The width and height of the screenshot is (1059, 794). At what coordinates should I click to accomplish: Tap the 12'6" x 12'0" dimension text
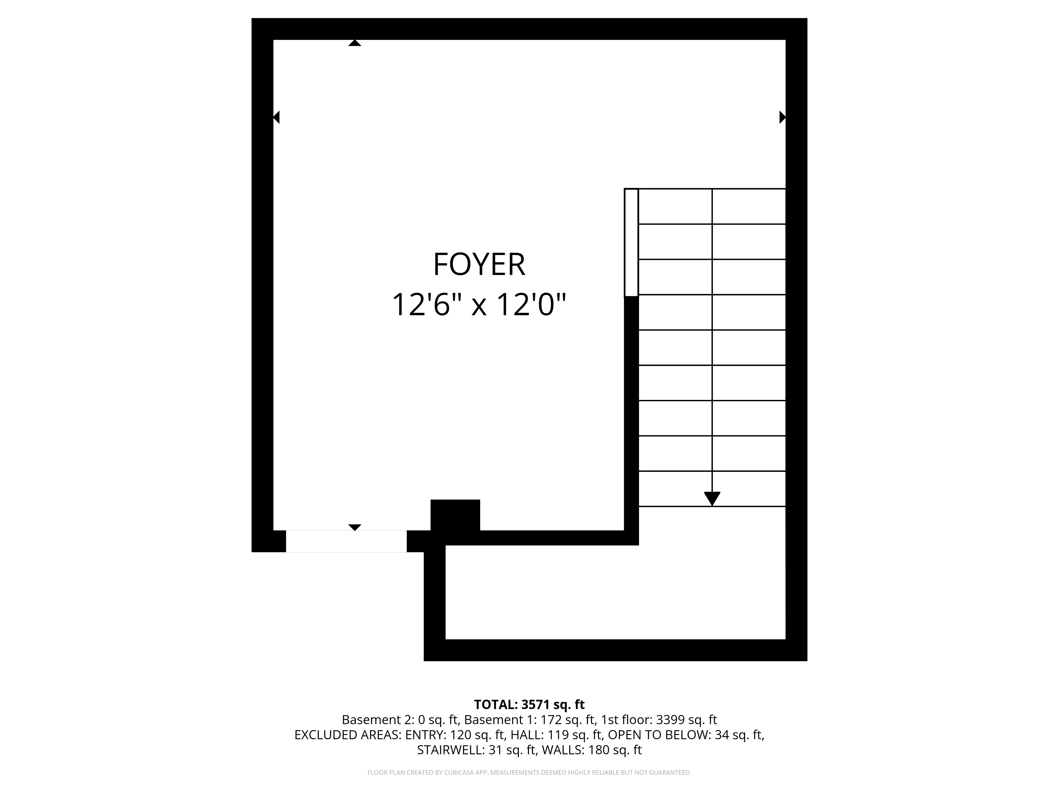tap(479, 305)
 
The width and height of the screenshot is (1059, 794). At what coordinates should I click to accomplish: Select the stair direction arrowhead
tap(712, 498)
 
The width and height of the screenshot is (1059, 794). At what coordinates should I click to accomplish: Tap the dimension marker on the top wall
tap(354, 43)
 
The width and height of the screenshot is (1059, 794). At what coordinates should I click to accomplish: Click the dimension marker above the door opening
tap(354, 527)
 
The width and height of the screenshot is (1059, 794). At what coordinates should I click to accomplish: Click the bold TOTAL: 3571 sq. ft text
tap(529, 705)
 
